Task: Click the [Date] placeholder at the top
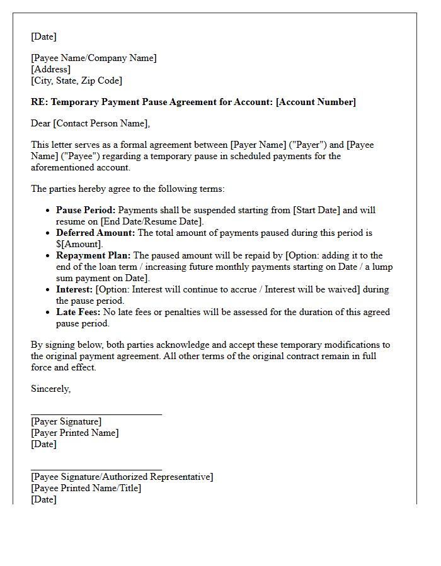pyautogui.click(x=43, y=36)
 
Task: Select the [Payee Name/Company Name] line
pyautogui.click(x=94, y=58)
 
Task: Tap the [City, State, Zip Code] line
pyautogui.click(x=76, y=80)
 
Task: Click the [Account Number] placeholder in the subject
pyautogui.click(x=316, y=102)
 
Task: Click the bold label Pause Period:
pyautogui.click(x=86, y=210)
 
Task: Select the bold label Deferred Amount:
pyautogui.click(x=95, y=233)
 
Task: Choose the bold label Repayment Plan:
pyautogui.click(x=93, y=255)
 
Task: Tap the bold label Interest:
pyautogui.click(x=74, y=289)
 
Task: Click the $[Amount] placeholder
pyautogui.click(x=79, y=244)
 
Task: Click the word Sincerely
pyautogui.click(x=50, y=389)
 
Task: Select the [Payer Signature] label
pyautogui.click(x=66, y=421)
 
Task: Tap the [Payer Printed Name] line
pyautogui.click(x=74, y=433)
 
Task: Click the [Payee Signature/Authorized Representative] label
pyautogui.click(x=122, y=477)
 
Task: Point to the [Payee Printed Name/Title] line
pyautogui.click(x=86, y=488)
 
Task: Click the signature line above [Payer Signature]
pyautogui.click(x=96, y=414)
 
